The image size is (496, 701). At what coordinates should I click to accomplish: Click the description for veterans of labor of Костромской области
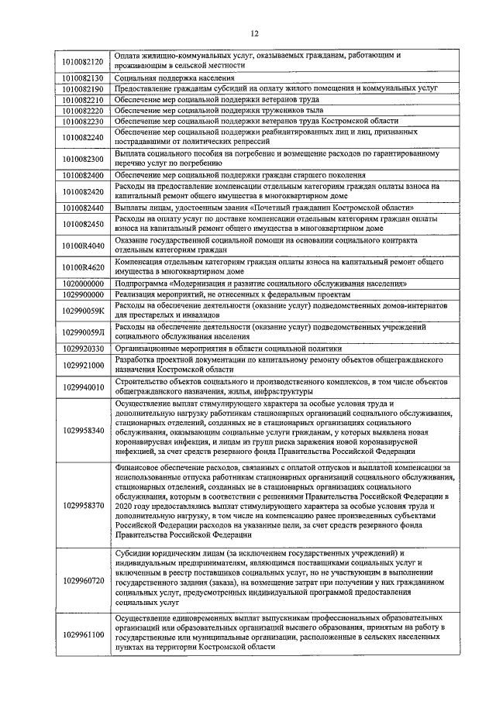coord(256,122)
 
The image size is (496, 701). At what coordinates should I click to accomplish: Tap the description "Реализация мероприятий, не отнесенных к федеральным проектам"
coord(232,295)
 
